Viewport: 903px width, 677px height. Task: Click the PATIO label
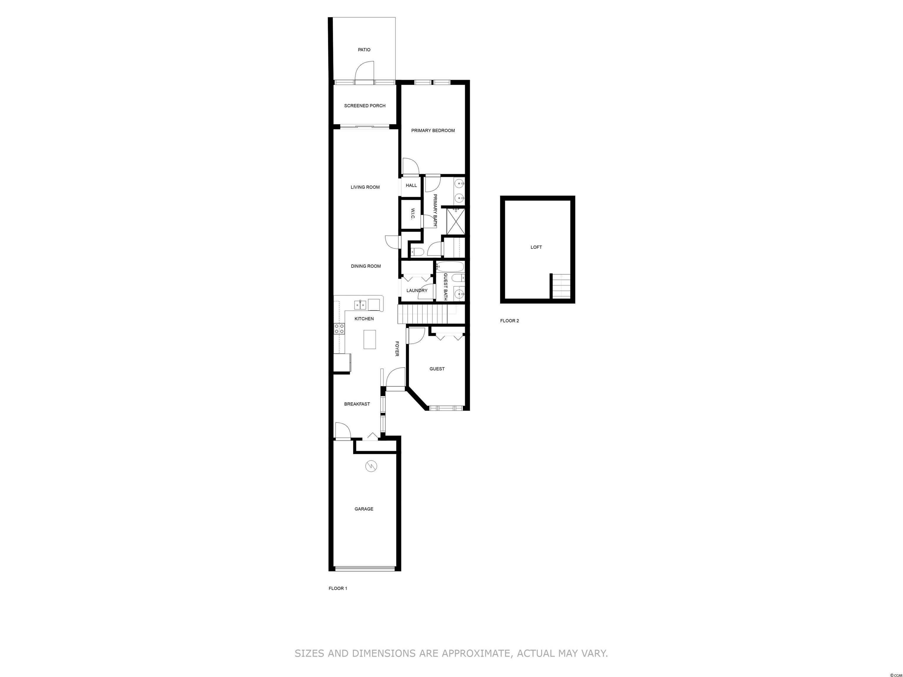click(364, 50)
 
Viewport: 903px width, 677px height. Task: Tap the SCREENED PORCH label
click(364, 106)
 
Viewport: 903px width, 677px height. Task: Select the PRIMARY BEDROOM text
click(433, 130)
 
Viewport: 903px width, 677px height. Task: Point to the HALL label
click(412, 185)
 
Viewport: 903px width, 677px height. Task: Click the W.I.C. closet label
click(412, 213)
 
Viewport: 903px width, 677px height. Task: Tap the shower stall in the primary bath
click(456, 222)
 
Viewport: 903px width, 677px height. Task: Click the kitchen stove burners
click(339, 329)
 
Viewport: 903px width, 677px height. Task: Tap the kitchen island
click(370, 339)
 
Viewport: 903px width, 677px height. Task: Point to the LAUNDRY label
click(417, 291)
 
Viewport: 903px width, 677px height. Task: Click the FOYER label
click(397, 349)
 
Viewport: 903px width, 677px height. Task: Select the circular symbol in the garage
click(372, 466)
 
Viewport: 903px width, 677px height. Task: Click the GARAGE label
click(364, 509)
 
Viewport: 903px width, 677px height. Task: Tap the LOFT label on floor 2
click(536, 247)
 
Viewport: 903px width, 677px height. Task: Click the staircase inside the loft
click(561, 286)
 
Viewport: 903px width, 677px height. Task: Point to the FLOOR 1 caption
click(338, 589)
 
